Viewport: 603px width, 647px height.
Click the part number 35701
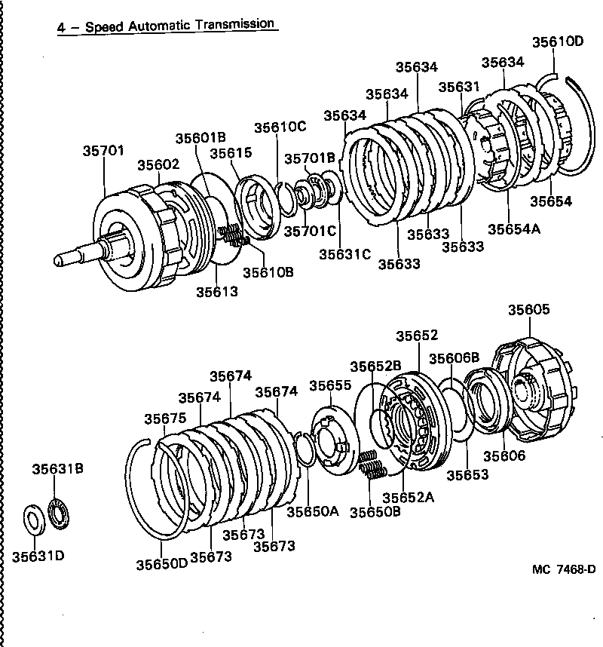coord(103,151)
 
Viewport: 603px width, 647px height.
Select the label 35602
coord(158,165)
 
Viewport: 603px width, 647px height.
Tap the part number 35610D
coord(558,41)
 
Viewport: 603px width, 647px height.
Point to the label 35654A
coord(514,229)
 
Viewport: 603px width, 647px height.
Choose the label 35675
coord(166,419)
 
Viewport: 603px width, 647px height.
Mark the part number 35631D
coord(38,557)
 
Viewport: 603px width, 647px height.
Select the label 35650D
coord(161,563)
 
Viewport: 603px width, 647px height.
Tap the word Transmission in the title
coord(234,24)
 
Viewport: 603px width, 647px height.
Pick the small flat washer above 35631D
coord(34,520)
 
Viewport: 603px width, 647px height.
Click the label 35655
coord(330,385)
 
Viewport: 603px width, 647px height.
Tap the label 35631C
coord(344,254)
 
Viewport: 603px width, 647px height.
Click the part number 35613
coord(217,291)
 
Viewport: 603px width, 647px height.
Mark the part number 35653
coord(467,474)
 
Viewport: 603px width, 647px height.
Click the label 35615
coord(231,152)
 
